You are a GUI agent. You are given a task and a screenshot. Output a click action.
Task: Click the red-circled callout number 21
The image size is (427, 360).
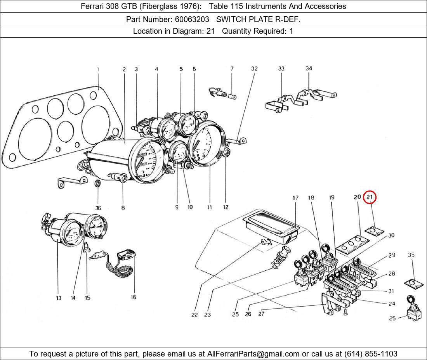370,197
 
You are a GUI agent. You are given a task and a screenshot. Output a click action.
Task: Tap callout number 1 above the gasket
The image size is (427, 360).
98,70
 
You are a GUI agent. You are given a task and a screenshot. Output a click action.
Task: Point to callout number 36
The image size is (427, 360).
98,208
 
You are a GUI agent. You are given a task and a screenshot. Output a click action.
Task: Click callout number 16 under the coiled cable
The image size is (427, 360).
133,297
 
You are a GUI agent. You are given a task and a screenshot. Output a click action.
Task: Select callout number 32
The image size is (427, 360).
254,69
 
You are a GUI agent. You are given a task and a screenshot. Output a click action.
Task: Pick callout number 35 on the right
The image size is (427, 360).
411,255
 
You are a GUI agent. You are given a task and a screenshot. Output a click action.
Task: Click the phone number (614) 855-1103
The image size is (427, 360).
371,354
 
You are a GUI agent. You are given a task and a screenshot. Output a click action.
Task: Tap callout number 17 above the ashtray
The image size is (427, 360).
295,198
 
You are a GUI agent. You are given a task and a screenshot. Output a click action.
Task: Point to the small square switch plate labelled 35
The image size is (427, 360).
413,283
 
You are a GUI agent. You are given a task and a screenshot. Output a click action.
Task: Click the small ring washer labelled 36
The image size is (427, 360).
99,183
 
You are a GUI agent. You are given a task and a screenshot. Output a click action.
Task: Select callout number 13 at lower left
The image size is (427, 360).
58,298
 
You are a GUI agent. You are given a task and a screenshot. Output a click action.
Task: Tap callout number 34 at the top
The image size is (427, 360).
309,69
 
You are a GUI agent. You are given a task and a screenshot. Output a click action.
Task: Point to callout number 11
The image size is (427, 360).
209,208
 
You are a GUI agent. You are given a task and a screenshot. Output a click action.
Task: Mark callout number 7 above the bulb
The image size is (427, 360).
232,69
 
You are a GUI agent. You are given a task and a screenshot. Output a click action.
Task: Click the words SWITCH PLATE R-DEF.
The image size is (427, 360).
258,19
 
